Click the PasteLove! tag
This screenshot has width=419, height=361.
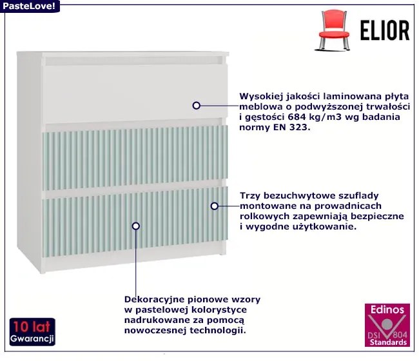click(30, 6)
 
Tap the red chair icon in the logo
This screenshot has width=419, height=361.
click(333, 30)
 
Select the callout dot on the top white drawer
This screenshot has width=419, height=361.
click(197, 104)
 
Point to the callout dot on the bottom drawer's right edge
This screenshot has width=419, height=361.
click(215, 206)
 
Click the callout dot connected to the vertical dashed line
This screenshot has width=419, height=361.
click(135, 226)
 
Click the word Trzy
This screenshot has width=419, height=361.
click(250, 195)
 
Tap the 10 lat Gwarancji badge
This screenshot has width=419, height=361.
click(32, 331)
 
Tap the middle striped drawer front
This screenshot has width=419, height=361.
click(135, 157)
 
